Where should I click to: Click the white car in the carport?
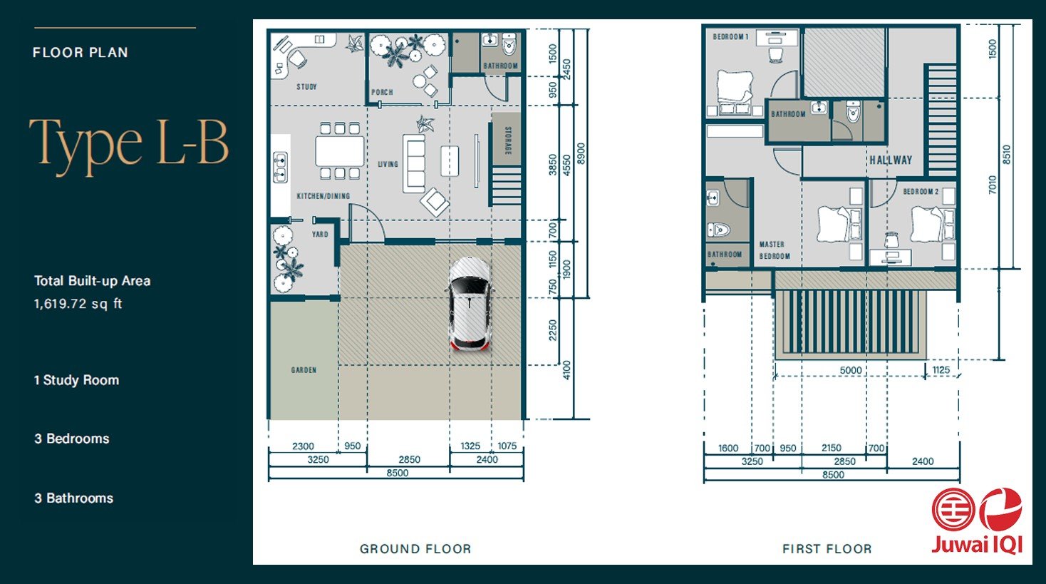coord(469,304)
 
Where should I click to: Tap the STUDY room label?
coord(306,87)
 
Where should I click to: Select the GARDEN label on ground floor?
coord(304,370)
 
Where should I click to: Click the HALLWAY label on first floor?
coord(890,160)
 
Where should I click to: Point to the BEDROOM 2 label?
coord(920,192)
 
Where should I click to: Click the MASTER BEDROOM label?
coord(773,250)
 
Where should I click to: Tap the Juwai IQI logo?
coord(977,521)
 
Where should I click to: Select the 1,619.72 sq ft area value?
coord(78,304)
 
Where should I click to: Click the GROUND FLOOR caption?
coord(415,549)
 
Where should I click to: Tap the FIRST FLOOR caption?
coord(827,549)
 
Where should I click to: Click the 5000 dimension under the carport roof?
coord(850,371)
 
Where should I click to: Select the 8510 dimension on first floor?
coord(1006,155)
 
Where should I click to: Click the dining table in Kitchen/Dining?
coord(339,151)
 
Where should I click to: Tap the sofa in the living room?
coord(413,163)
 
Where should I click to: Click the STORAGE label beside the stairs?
coord(507,140)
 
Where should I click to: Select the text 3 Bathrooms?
coord(73,498)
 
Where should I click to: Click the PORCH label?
coord(382,92)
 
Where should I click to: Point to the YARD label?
coord(320,234)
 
